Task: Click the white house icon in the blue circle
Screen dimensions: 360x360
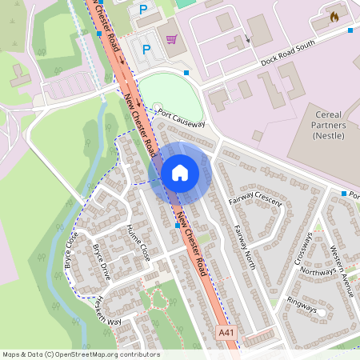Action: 180,172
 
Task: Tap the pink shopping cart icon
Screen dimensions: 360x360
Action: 170,38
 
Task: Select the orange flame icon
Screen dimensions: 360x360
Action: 334,16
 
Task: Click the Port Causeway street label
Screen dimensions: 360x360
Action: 182,118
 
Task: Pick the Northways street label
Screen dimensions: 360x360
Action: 318,272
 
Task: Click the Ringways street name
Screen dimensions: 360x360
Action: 302,306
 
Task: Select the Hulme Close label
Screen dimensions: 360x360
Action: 138,242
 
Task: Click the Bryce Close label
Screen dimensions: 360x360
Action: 71,250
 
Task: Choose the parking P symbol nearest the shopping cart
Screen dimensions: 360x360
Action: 146,49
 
